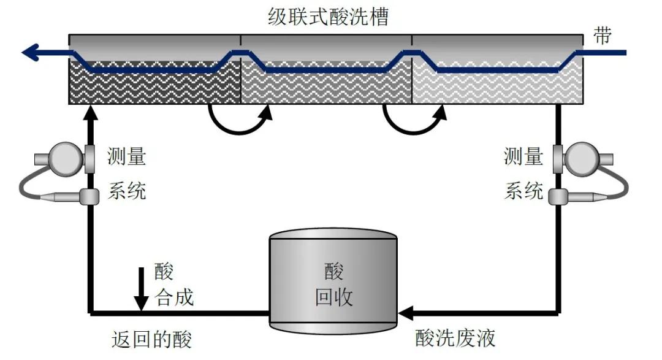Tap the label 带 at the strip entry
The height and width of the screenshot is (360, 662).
[603, 36]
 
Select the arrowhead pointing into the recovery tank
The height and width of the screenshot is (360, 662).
[405, 313]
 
